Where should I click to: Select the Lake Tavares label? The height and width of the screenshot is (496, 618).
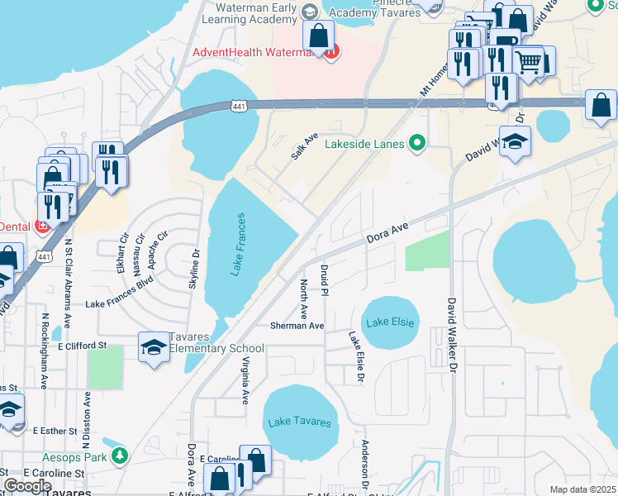click(299, 422)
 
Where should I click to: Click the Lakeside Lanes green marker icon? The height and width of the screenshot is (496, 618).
click(417, 144)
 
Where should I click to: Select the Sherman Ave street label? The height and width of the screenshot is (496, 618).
click(297, 326)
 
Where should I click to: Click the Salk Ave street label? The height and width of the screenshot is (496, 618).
click(304, 146)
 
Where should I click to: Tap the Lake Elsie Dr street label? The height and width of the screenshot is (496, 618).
click(356, 357)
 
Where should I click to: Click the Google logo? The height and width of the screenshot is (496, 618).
click(26, 486)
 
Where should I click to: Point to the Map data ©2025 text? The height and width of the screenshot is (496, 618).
click(582, 489)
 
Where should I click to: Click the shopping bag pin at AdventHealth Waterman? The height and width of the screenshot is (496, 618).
click(318, 36)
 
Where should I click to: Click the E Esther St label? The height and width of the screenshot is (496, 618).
click(55, 431)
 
